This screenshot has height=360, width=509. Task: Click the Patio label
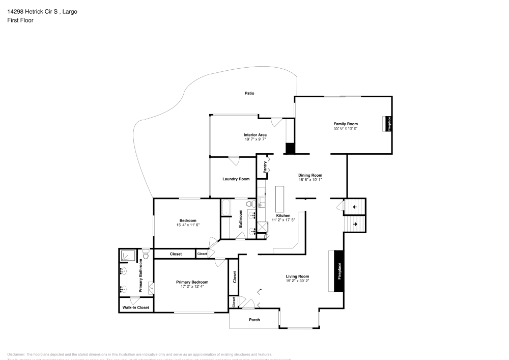tap(249, 93)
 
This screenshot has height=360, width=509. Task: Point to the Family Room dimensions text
tap(346, 128)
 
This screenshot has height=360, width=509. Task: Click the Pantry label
tap(265, 168)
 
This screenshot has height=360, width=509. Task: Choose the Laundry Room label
tap(236, 179)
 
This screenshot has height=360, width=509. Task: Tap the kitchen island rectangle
tap(279, 199)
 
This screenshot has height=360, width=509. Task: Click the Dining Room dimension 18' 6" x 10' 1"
tap(310, 180)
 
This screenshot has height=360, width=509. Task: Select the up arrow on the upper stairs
tap(354, 207)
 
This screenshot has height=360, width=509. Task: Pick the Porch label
tap(254, 320)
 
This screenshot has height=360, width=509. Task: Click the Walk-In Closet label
tap(136, 308)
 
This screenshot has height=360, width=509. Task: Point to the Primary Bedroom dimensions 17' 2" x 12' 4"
tap(192, 287)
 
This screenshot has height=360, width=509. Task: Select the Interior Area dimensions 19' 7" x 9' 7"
tap(255, 139)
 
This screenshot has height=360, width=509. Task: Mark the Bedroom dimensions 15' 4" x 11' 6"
tap(188, 225)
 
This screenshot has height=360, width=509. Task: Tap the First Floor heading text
tap(20, 20)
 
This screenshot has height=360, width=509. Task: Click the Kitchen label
tap(283, 215)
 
